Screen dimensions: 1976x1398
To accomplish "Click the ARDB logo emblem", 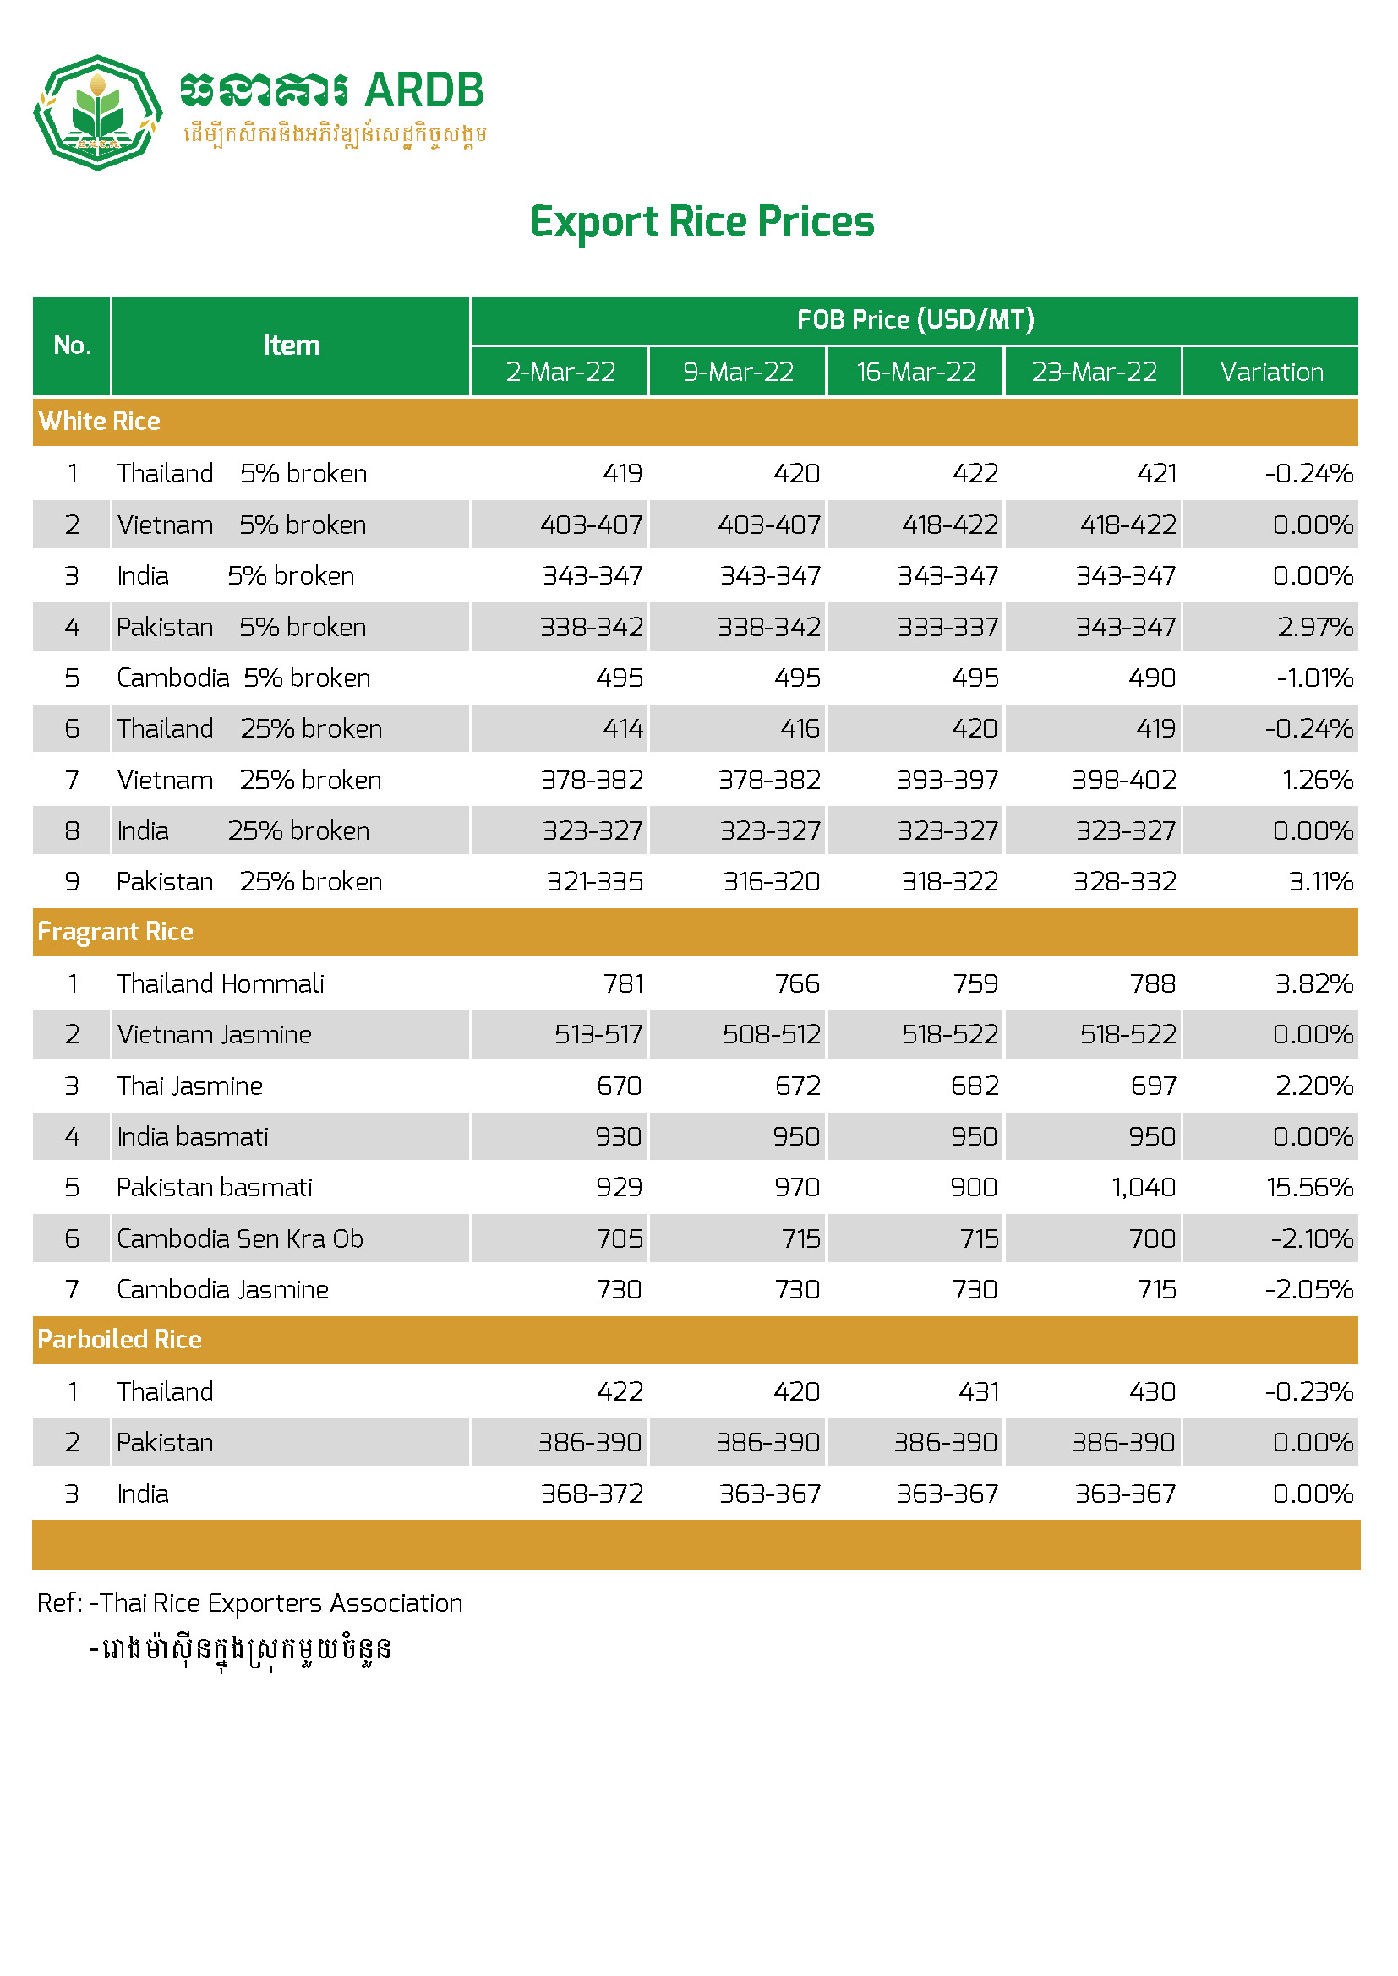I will (97, 112).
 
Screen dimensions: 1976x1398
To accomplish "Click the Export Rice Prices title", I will (701, 222).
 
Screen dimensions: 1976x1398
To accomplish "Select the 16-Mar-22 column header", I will (916, 372).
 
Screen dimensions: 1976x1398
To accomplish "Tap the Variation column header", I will (1270, 372).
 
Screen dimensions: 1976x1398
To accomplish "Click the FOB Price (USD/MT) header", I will (915, 320).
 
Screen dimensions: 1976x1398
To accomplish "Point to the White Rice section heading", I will (100, 421).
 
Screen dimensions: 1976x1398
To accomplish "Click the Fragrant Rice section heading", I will (115, 931).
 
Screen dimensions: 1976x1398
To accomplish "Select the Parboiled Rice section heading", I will (120, 1339).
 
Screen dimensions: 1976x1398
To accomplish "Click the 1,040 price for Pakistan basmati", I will (1144, 1188).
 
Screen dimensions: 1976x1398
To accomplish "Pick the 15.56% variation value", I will (1309, 1188).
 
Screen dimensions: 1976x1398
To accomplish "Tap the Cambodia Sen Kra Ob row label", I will (240, 1238).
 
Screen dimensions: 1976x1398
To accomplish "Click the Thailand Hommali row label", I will (221, 983).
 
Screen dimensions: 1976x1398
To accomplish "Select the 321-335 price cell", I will (595, 881).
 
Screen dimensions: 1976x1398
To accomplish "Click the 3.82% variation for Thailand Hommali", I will (1313, 983).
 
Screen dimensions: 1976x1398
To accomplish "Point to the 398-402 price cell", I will (1123, 780).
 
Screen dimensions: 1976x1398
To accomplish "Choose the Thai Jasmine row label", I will (190, 1086).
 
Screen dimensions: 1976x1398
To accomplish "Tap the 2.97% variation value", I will (1314, 627).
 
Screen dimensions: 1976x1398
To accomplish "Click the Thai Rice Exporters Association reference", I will (281, 1603).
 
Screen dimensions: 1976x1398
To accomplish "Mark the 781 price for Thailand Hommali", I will (623, 983).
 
